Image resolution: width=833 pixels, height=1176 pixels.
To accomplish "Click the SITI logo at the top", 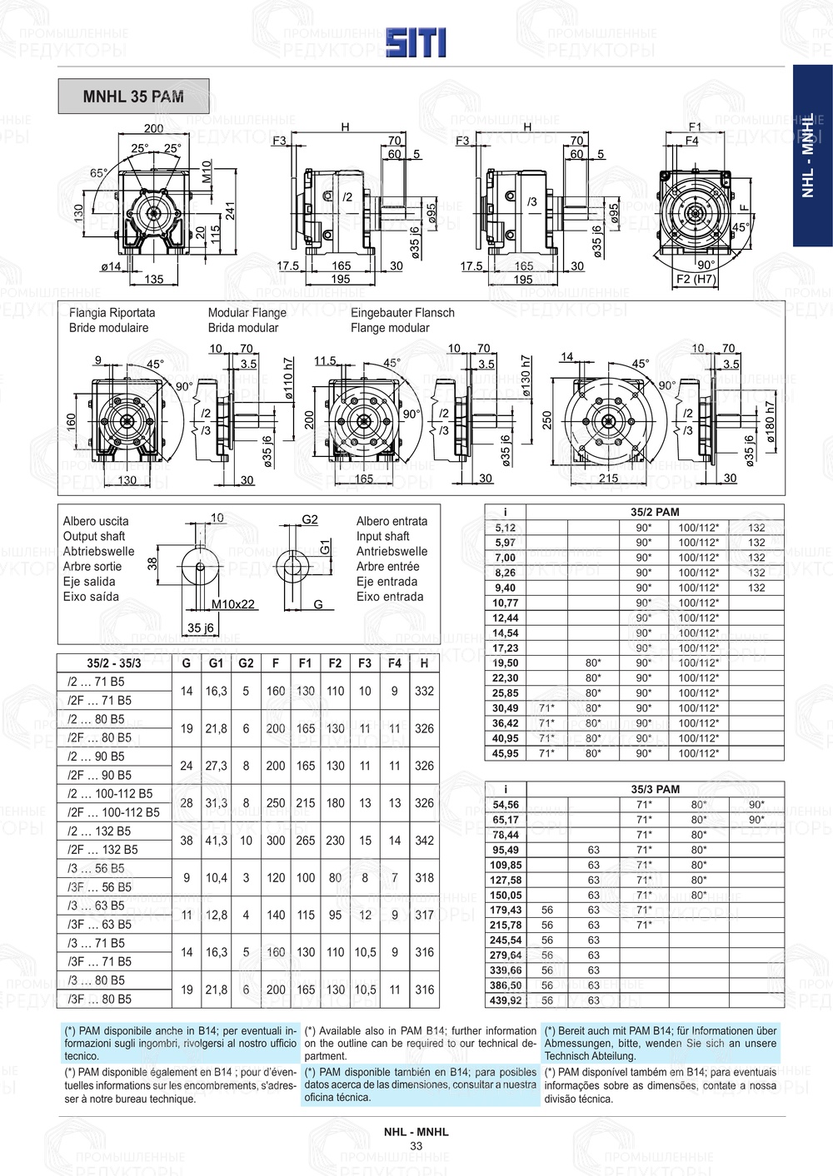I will pos(416,42).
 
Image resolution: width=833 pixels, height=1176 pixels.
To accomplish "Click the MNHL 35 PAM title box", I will pos(133,97).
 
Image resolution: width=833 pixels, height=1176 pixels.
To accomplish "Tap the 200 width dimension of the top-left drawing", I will pos(153,128).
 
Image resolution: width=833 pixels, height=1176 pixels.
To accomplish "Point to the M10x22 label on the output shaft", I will pos(233,604).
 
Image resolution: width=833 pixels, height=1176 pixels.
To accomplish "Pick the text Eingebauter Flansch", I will pos(402,313).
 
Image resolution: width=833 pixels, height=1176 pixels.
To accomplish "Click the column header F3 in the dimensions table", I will pos(365,663).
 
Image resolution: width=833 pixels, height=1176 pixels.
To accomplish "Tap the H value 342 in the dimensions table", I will pos(424,841).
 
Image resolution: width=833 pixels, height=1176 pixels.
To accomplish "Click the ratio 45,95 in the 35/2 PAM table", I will pos(505,753).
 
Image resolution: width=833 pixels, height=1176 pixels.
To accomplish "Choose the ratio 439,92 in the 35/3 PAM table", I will pos(506,1000).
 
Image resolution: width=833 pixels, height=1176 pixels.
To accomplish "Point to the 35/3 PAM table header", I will pos(655,789).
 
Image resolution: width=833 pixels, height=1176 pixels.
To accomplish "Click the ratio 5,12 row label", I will pos(505,528).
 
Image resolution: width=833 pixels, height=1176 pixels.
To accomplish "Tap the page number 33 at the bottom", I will pos(416,1146).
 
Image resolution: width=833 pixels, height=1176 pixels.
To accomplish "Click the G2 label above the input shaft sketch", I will pos(309,519).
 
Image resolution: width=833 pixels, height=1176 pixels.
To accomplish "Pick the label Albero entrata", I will pos(392,521).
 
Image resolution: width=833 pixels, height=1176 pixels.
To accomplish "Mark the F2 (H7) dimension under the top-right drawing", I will pos(696,280).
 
